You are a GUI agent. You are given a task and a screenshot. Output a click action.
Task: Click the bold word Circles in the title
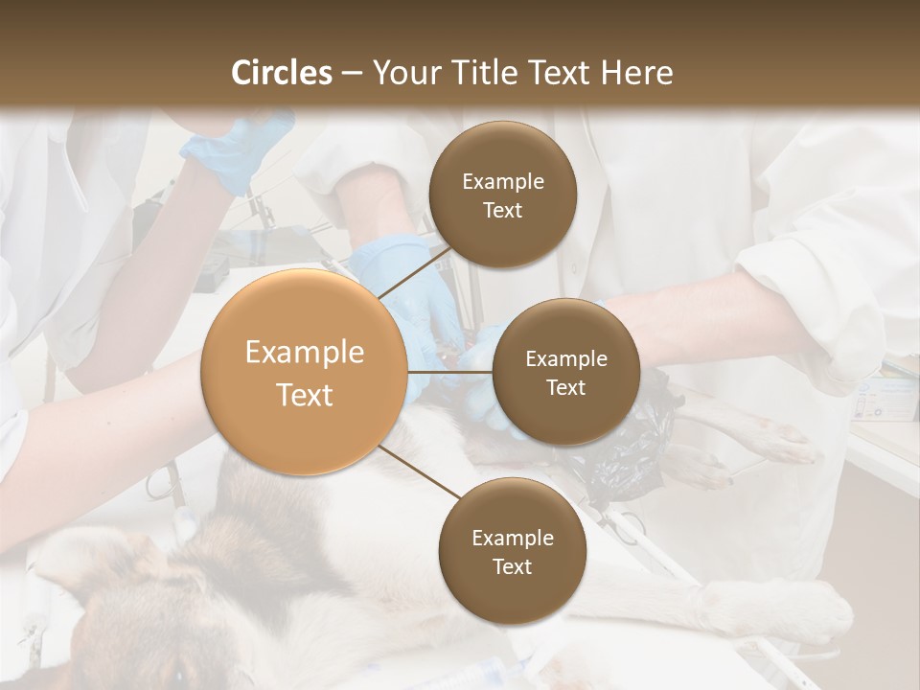(281, 73)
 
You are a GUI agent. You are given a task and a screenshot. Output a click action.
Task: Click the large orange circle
(304, 372)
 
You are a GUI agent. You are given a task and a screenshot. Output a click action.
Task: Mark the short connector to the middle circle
(450, 372)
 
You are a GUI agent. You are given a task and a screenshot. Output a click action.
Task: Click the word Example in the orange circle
(304, 353)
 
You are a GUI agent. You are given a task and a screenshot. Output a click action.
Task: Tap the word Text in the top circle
(502, 211)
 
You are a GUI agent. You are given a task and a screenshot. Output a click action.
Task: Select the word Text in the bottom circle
(512, 566)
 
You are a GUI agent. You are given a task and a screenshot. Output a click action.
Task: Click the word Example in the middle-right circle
(565, 359)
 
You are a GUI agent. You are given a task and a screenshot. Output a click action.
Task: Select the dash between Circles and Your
(352, 73)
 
